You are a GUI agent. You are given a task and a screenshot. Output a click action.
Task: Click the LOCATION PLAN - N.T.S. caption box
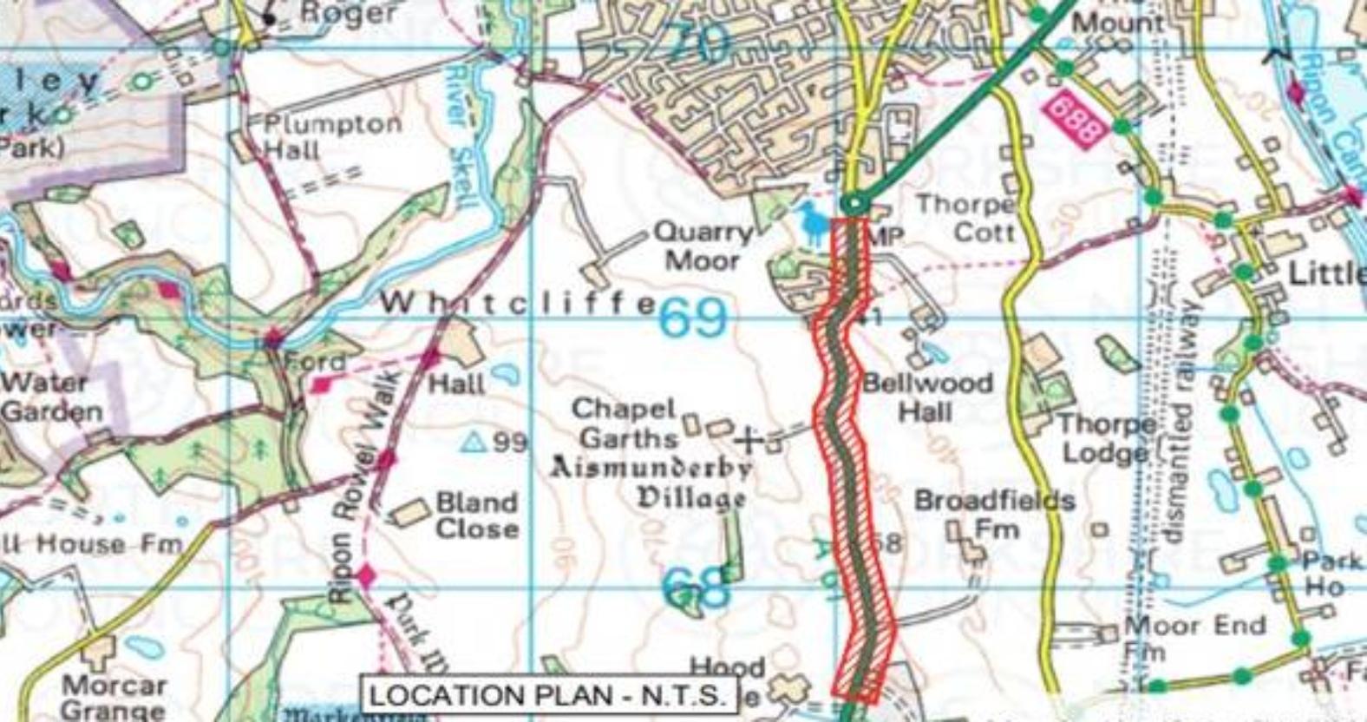546,695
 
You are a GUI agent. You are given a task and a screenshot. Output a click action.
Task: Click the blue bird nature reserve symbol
813,224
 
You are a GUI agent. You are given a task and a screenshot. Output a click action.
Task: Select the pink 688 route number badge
1075,121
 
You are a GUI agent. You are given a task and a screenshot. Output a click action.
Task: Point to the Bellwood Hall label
927,397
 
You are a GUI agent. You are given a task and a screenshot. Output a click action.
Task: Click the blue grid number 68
696,588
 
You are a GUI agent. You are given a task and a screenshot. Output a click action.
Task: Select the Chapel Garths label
625,423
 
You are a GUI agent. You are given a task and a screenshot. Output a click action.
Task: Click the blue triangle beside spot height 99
473,443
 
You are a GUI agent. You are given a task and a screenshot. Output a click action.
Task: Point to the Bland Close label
476,515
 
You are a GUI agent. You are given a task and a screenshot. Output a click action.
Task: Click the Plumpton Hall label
332,136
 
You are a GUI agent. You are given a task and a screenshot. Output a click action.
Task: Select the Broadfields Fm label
994,514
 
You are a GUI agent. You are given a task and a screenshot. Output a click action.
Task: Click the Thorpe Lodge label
1106,438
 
